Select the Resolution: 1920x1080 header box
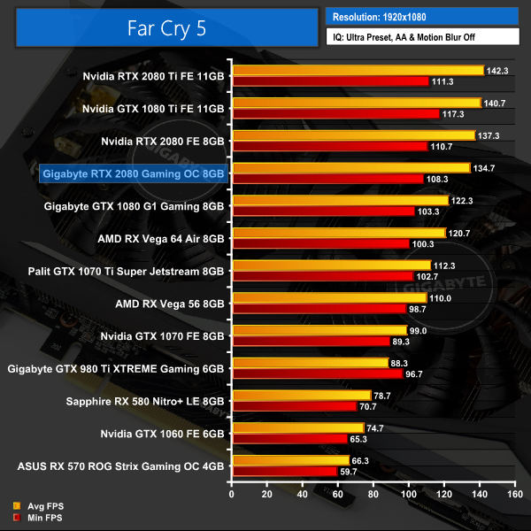coord(420,16)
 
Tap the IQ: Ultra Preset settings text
coord(420,37)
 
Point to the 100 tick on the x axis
coord(408,496)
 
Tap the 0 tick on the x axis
coord(232,496)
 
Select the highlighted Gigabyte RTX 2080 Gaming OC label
coord(133,173)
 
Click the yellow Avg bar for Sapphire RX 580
coord(301,395)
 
